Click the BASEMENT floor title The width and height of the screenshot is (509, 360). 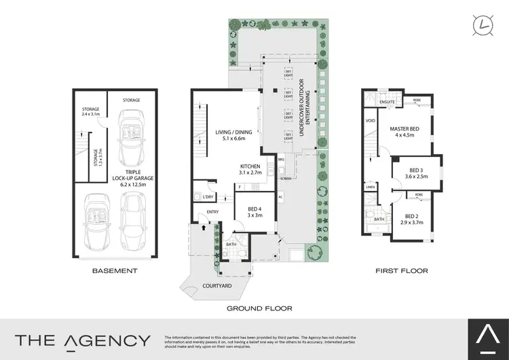click(x=115, y=270)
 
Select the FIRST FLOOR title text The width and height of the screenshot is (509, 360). click(x=401, y=270)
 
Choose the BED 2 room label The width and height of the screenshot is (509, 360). click(x=411, y=218)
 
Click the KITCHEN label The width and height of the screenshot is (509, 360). click(x=250, y=170)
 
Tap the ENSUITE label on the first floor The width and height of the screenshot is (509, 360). click(x=388, y=103)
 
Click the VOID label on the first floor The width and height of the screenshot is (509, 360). click(x=370, y=122)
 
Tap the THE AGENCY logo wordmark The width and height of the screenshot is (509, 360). click(x=83, y=339)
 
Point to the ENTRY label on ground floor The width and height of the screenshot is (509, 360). click(x=213, y=212)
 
